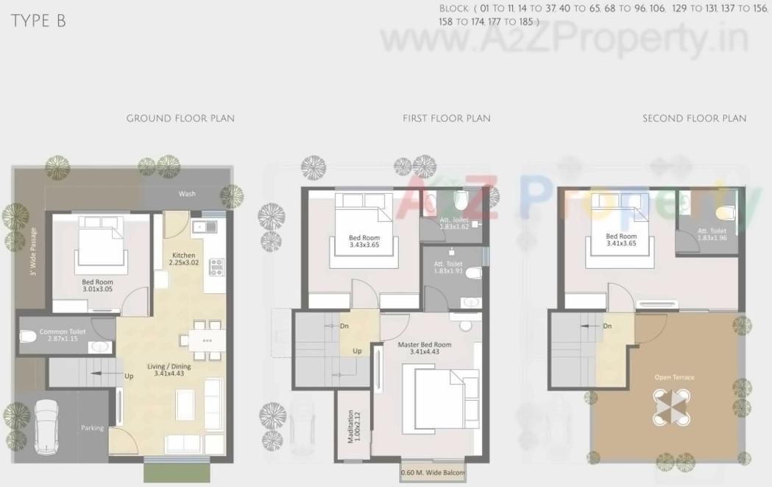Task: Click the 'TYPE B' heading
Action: point(38,21)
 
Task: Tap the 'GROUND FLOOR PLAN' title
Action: point(180,118)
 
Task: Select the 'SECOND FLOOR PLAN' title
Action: point(694,118)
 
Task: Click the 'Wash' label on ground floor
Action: point(187,194)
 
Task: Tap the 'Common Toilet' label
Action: point(63,335)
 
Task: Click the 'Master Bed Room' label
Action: point(425,348)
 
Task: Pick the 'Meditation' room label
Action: point(354,427)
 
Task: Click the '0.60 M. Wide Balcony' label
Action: point(433,472)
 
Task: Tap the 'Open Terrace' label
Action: point(674,377)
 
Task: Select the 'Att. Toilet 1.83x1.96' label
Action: point(712,234)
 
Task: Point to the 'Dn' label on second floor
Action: point(607,326)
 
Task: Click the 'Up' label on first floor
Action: point(358,351)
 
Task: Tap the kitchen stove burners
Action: point(216,266)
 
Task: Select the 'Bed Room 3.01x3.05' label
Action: point(98,285)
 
